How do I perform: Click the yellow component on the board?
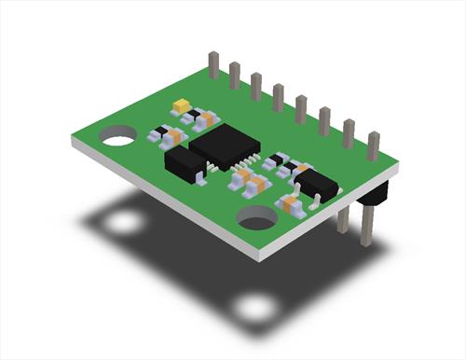click(x=182, y=105)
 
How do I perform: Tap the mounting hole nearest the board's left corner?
click(x=118, y=137)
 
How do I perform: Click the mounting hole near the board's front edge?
click(x=256, y=217)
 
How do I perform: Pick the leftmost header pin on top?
click(x=213, y=64)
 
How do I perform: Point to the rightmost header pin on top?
click(x=373, y=145)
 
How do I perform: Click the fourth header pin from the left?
click(x=278, y=96)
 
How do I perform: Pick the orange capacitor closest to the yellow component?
click(x=206, y=119)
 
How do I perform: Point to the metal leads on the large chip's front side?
click(x=220, y=168)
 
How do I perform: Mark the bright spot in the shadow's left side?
click(x=121, y=224)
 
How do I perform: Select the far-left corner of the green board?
click(x=73, y=140)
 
